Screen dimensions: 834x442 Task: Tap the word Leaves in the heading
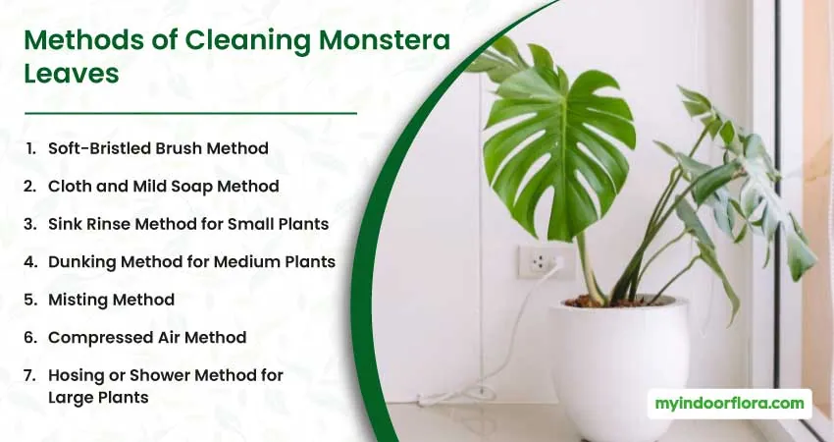pos(72,74)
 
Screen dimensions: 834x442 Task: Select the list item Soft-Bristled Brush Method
pos(158,148)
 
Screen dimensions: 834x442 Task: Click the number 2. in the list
pos(29,186)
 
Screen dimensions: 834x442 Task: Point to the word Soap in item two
pos(193,186)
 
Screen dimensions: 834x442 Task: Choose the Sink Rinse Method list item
pos(188,224)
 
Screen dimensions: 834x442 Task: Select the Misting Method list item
pos(111,300)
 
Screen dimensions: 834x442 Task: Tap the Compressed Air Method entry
pos(147,338)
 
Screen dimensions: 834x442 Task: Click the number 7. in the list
pos(29,375)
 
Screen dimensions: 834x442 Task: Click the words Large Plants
pos(98,398)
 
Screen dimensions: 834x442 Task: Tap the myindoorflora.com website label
pos(730,403)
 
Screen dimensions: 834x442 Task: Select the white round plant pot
pos(621,367)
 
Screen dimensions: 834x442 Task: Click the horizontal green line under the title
pos(190,113)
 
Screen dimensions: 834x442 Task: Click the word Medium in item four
pos(233,262)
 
